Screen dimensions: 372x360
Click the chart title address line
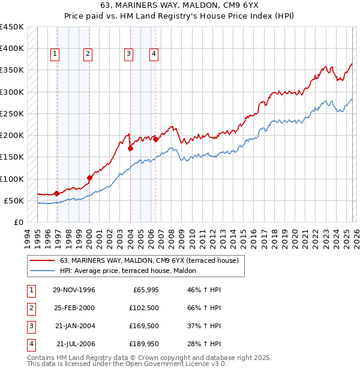click(180, 6)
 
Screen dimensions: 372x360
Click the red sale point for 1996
click(56, 193)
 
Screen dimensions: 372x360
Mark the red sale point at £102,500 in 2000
click(89, 178)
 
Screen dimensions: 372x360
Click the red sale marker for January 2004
click(130, 148)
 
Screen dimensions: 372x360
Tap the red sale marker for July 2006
click(156, 139)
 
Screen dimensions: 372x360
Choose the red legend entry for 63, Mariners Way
click(149, 260)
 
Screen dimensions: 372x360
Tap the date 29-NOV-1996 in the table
click(74, 290)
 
